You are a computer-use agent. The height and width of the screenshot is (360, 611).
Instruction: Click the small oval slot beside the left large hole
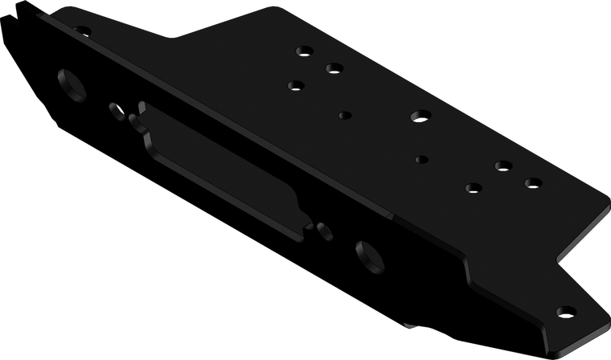[115, 106]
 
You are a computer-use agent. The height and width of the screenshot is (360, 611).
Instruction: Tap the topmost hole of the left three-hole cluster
[305, 51]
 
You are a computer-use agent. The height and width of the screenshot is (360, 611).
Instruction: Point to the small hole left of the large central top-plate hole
[345, 115]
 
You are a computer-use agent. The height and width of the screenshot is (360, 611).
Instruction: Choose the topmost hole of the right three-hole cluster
[504, 166]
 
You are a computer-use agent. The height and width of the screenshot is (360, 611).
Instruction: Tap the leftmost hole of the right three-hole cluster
[472, 188]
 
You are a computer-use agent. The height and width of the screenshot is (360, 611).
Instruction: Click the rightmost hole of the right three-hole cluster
[532, 183]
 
